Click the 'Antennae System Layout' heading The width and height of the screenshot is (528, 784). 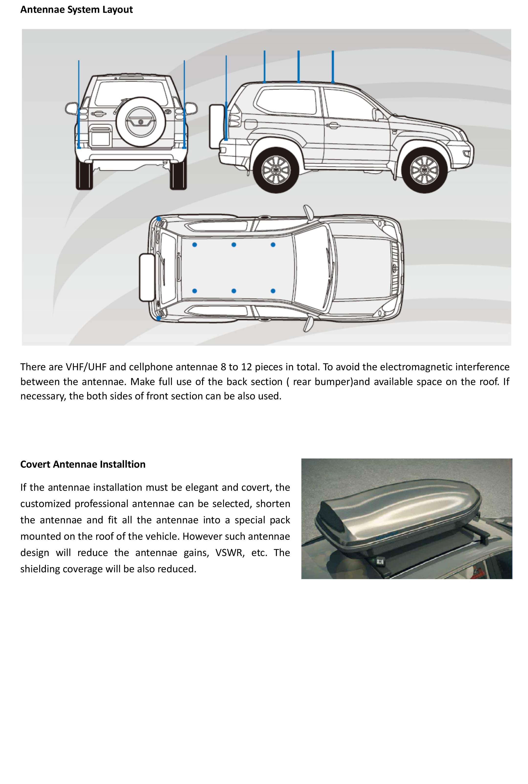tap(76, 10)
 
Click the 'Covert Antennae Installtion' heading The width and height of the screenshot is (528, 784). tap(83, 464)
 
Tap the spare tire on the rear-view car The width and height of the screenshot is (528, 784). tap(141, 122)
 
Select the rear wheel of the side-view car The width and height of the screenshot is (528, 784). tap(276, 170)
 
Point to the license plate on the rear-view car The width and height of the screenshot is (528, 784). tap(101, 138)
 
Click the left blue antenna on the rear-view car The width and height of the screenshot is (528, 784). tap(79, 104)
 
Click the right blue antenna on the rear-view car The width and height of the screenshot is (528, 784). tap(184, 104)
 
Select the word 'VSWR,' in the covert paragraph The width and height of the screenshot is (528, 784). tap(230, 552)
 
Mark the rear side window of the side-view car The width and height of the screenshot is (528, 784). tap(286, 102)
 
